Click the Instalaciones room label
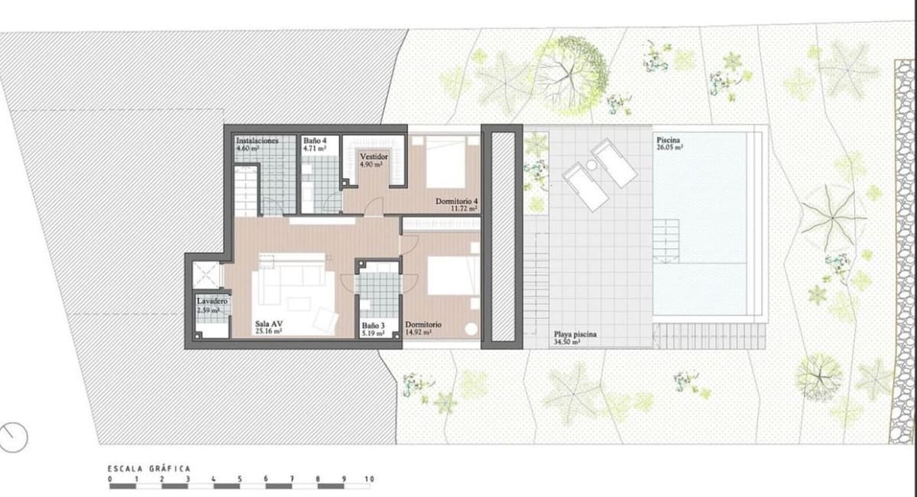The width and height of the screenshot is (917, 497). pyautogui.click(x=257, y=141)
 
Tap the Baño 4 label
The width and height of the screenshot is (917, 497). pyautogui.click(x=314, y=141)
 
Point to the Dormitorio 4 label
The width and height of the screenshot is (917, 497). pyautogui.click(x=456, y=201)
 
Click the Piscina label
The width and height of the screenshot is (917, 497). pyautogui.click(x=669, y=141)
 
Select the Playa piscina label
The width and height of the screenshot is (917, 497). pyautogui.click(x=575, y=335)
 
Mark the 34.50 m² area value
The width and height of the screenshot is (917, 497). pyautogui.click(x=568, y=343)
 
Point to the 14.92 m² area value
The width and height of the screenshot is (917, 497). pyautogui.click(x=419, y=333)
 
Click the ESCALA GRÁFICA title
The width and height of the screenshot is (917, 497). pyautogui.click(x=149, y=469)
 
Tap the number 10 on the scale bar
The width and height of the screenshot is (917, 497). pyautogui.click(x=370, y=480)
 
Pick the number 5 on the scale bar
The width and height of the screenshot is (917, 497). pyautogui.click(x=240, y=480)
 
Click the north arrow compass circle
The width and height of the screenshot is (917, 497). pyautogui.click(x=14, y=437)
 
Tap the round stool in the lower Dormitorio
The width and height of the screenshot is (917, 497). pyautogui.click(x=471, y=329)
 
